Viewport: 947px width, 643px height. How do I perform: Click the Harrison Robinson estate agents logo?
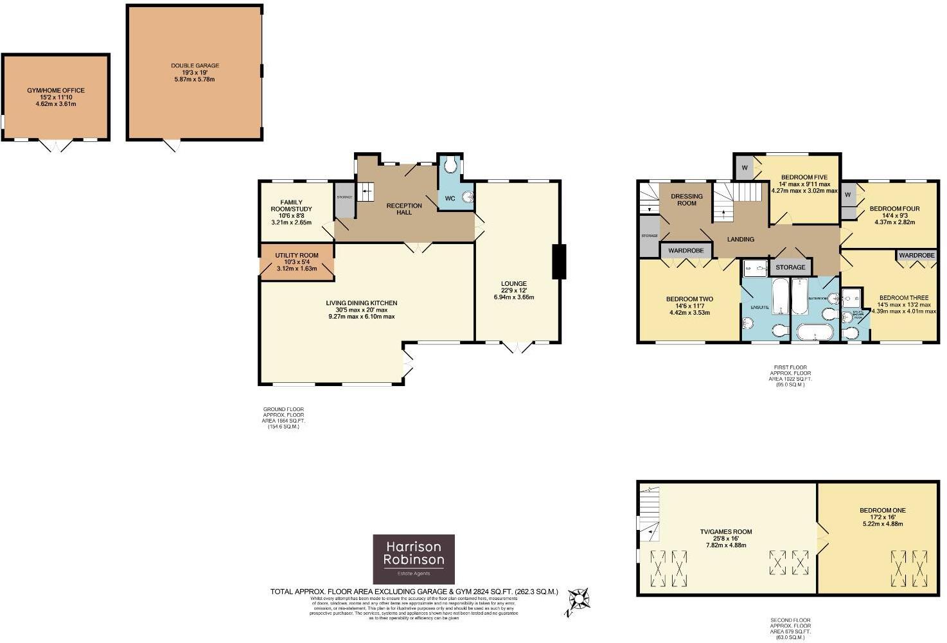pos(414,558)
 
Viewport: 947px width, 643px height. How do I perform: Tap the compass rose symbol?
pos(580,599)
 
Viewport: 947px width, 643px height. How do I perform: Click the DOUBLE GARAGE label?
pos(195,66)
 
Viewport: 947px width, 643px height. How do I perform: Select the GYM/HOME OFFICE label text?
pos(56,91)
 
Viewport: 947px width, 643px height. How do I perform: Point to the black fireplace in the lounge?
pos(559,261)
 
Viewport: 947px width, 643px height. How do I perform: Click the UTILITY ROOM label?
pos(297,255)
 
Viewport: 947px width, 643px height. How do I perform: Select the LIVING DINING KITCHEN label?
pos(362,303)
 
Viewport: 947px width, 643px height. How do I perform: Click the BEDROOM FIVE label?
pos(804,177)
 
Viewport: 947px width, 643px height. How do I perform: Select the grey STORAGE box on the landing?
pos(790,267)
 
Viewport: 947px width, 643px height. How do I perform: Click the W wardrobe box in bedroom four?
pos(847,195)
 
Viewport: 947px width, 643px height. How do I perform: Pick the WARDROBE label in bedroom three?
pos(916,255)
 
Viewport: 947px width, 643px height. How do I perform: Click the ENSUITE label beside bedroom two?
pos(759,308)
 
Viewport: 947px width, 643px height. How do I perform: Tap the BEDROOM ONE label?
pos(882,511)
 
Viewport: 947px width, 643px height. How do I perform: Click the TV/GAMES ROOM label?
pos(726,532)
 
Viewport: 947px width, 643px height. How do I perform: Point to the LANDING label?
pos(740,240)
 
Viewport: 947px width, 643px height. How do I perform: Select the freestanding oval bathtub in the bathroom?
pos(815,332)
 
